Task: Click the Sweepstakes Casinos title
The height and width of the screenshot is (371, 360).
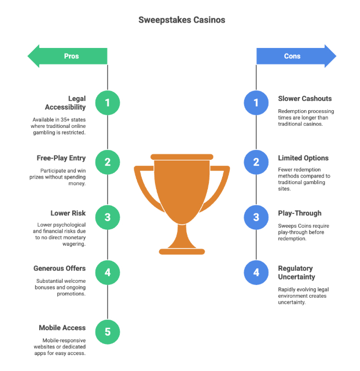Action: click(x=181, y=20)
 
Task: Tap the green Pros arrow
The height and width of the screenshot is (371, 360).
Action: click(x=67, y=56)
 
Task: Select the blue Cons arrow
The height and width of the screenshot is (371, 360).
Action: click(x=297, y=56)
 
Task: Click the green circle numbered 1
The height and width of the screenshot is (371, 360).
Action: click(x=108, y=103)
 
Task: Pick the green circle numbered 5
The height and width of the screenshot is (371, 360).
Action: click(x=108, y=332)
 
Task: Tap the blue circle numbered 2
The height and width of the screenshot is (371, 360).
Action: click(x=256, y=162)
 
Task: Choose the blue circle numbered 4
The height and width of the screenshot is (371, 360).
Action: click(x=256, y=272)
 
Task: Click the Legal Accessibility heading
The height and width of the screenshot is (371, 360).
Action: click(x=65, y=103)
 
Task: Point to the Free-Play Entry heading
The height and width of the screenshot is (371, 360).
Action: click(x=61, y=158)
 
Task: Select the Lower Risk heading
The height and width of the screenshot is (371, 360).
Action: click(x=68, y=213)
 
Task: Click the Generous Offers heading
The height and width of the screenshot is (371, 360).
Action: click(x=60, y=268)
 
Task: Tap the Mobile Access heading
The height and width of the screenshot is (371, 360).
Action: click(x=62, y=327)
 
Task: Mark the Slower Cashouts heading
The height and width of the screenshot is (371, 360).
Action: click(x=305, y=99)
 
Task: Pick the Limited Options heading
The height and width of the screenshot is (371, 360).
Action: click(x=303, y=158)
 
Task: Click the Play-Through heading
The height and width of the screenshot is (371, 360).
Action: click(x=300, y=213)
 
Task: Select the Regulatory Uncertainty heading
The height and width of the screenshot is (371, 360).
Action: click(x=297, y=272)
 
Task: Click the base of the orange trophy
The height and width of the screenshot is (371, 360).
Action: click(x=182, y=252)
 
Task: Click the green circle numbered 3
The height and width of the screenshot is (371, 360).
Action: click(x=108, y=217)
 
